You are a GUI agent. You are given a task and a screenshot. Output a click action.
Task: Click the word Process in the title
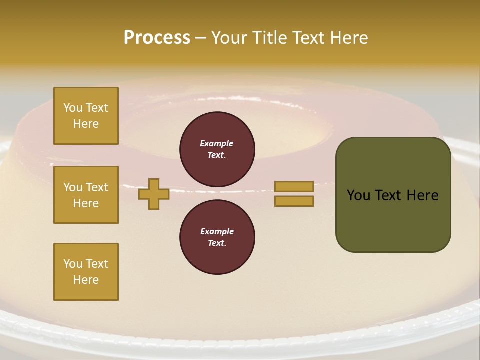(x=157, y=38)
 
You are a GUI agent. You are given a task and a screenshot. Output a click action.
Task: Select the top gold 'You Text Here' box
(x=86, y=116)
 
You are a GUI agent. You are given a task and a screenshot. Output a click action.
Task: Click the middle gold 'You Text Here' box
(x=86, y=195)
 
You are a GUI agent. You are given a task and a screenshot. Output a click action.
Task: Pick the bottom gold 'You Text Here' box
(x=86, y=272)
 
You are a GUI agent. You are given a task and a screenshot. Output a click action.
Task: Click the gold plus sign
(x=153, y=194)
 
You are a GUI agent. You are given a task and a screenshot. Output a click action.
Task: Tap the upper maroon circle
(x=217, y=149)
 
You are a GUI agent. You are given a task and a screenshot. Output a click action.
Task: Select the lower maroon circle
(x=217, y=237)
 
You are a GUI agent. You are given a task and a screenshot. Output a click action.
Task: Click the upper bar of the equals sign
(x=294, y=186)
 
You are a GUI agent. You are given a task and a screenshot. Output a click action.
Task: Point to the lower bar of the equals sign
(x=294, y=201)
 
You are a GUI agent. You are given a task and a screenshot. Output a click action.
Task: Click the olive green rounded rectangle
(x=393, y=220)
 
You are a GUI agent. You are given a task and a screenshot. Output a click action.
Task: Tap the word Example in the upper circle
(x=217, y=143)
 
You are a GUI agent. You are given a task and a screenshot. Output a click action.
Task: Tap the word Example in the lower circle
(x=217, y=231)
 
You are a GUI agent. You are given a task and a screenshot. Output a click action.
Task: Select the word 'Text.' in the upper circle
(x=217, y=155)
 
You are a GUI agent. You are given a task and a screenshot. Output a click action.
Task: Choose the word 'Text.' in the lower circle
(x=217, y=243)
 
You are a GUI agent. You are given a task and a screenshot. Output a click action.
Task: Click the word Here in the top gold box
(x=86, y=124)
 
